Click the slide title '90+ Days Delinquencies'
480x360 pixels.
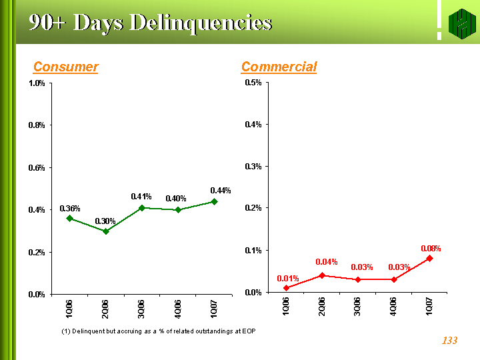pos(150,23)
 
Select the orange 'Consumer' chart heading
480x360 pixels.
pos(66,67)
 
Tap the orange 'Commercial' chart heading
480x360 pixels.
pos(279,67)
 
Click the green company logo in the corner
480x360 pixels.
pos(459,24)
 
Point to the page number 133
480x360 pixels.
pos(449,341)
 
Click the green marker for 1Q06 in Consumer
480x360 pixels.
pos(69,218)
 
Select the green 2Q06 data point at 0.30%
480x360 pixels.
pos(105,231)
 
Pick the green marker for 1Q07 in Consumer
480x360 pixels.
pos(214,201)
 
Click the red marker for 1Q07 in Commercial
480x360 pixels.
pos(430,258)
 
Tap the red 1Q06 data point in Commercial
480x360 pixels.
pos(286,288)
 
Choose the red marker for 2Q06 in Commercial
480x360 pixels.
pos(322,275)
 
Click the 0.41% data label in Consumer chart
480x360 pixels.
pos(141,197)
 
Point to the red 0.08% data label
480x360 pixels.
pos(431,249)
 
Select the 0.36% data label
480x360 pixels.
pos(69,209)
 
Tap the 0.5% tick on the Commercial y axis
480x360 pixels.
pos(253,83)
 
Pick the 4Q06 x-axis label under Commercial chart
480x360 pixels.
pos(394,310)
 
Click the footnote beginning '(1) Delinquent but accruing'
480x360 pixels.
pos(158,331)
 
